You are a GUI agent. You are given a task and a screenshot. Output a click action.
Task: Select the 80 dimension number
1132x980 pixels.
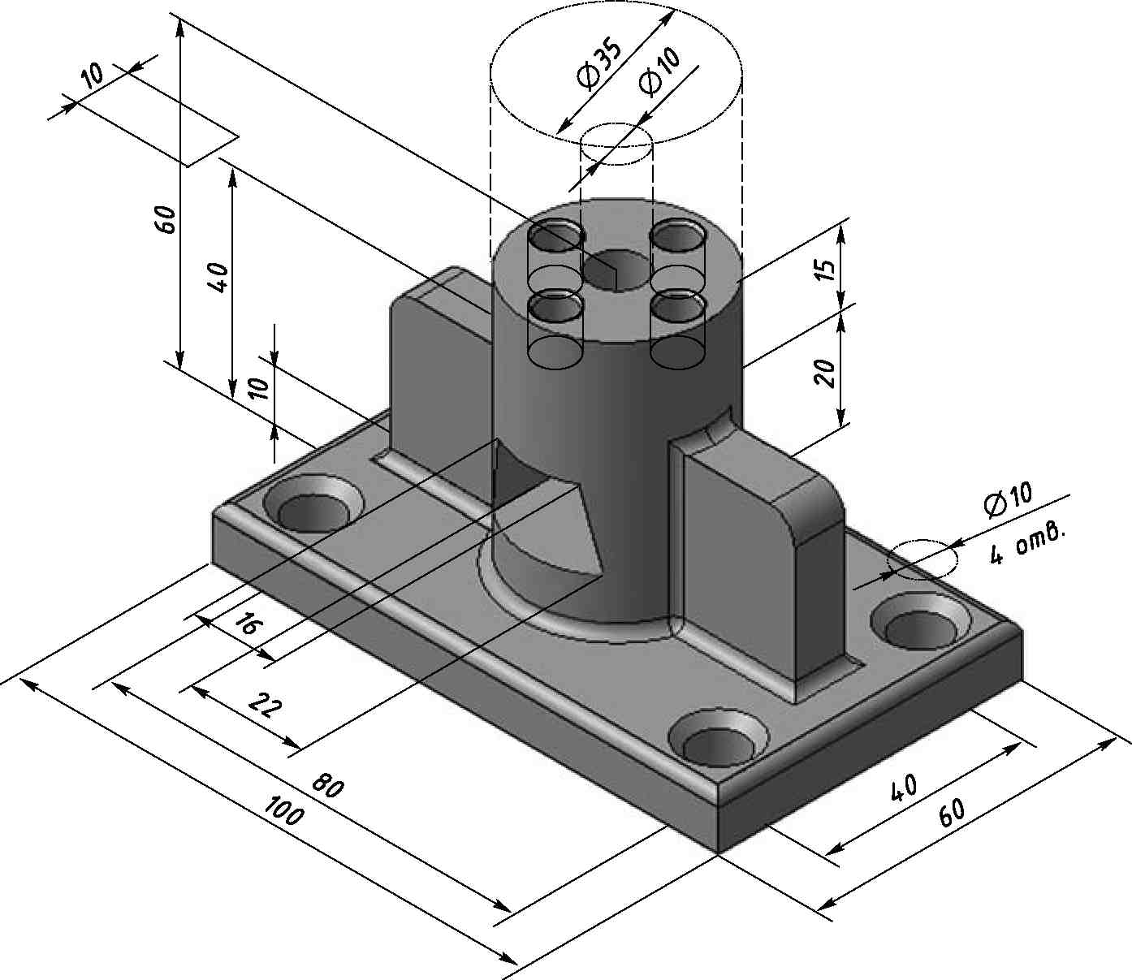pos(328,787)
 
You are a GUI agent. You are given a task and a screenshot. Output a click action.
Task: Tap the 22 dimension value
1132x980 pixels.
pos(265,705)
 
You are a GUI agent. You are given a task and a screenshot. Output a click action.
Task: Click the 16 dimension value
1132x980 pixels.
pos(249,625)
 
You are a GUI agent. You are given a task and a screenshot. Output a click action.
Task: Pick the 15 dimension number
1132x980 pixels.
pos(823,270)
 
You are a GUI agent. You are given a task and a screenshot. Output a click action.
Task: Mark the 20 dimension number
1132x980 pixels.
pos(823,372)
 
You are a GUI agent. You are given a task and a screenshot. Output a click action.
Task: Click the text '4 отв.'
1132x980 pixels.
pos(1026,544)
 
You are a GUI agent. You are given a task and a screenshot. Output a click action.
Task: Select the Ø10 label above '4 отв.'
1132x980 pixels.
pos(1008,500)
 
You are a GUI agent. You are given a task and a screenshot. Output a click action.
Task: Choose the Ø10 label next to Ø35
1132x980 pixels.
pos(659,71)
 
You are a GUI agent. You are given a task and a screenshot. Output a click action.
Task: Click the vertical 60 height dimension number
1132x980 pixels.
pos(166,220)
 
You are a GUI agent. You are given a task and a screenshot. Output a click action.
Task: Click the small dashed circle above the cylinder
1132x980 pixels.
pos(617,145)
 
